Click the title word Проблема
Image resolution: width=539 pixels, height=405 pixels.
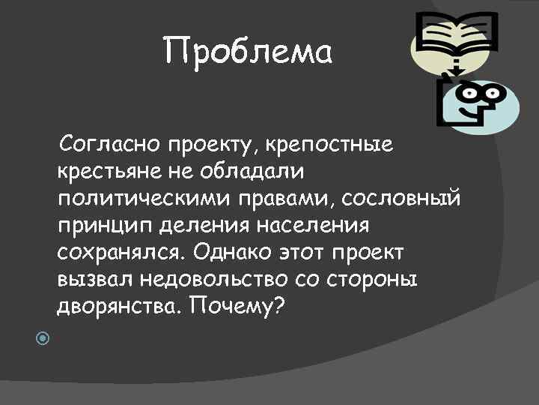[247, 52]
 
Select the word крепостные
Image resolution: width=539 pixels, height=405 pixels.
[341, 143]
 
